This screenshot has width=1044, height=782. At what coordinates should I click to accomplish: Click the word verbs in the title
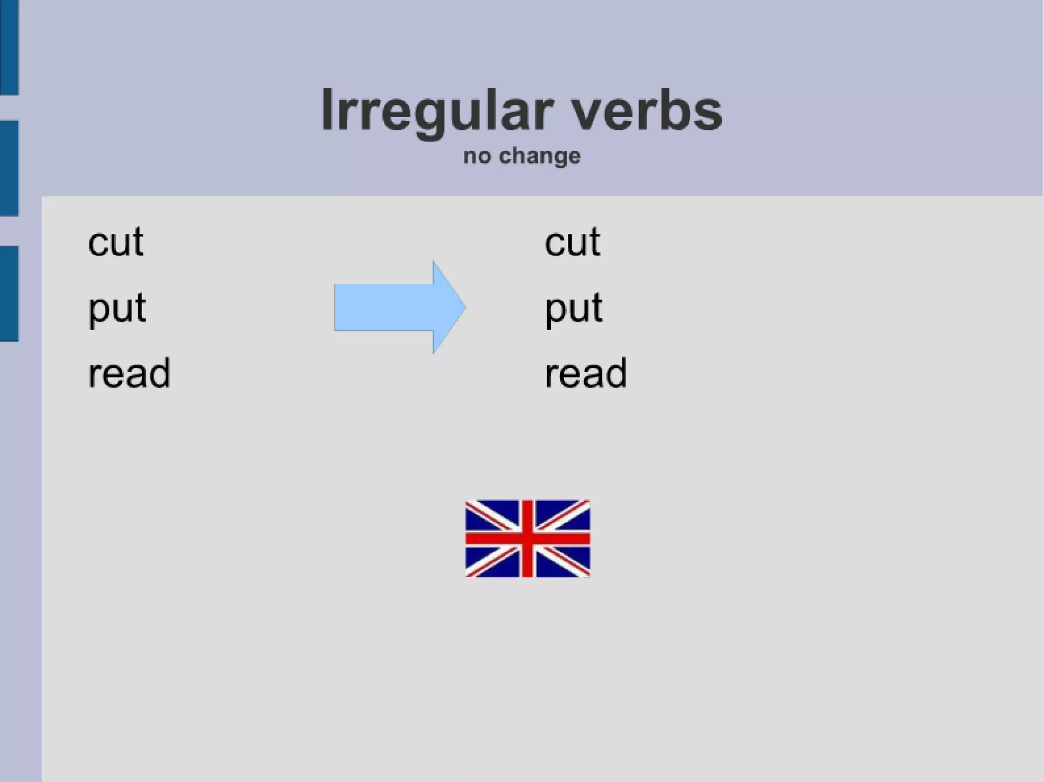click(646, 111)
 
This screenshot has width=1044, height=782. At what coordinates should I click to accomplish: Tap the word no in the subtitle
click(477, 156)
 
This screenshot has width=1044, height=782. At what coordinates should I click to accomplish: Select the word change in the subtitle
click(539, 156)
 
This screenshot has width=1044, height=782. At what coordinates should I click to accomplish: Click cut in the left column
click(116, 242)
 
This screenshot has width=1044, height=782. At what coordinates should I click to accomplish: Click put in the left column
click(117, 309)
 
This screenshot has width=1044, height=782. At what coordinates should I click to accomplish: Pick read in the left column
click(129, 373)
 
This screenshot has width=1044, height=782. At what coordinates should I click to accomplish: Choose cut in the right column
click(572, 242)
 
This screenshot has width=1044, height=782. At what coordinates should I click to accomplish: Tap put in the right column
click(573, 309)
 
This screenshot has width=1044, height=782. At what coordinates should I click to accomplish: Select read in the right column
click(586, 373)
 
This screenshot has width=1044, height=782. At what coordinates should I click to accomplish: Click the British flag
click(528, 538)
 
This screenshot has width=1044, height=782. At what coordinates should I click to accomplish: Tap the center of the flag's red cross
click(528, 538)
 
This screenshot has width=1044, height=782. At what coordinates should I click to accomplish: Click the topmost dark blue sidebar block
click(9, 47)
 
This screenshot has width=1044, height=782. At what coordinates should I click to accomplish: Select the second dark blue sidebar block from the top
click(9, 168)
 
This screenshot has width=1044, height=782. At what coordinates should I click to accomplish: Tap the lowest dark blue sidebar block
click(9, 293)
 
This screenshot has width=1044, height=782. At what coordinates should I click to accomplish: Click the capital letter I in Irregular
click(327, 110)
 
